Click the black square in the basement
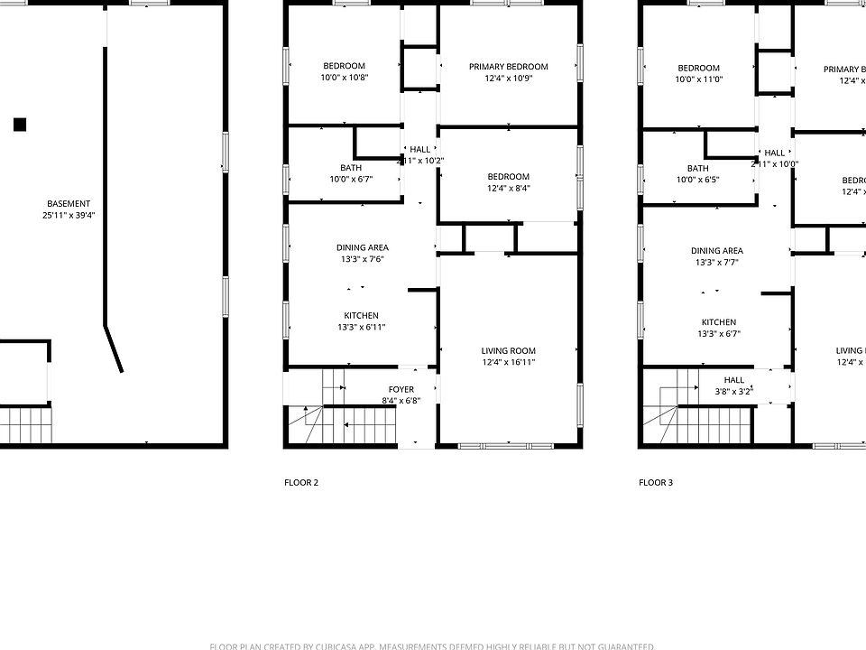tap(20, 125)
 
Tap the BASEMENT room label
tap(69, 204)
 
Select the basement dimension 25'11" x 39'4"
tap(69, 216)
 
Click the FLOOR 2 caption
tap(300, 483)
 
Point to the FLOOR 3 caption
tap(656, 483)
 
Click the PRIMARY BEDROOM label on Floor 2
tap(508, 67)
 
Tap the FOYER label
tap(401, 390)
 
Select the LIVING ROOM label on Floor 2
tap(508, 351)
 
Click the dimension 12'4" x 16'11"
tap(508, 363)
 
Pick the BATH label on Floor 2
tap(351, 168)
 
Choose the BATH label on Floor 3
tap(697, 168)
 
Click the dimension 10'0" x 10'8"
tap(344, 78)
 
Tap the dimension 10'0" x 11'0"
tap(699, 79)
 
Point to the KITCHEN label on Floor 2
tap(361, 316)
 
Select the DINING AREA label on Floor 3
tap(717, 251)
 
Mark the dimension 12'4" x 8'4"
tap(508, 189)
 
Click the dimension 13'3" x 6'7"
tap(719, 334)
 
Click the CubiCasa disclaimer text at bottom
tap(432, 645)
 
